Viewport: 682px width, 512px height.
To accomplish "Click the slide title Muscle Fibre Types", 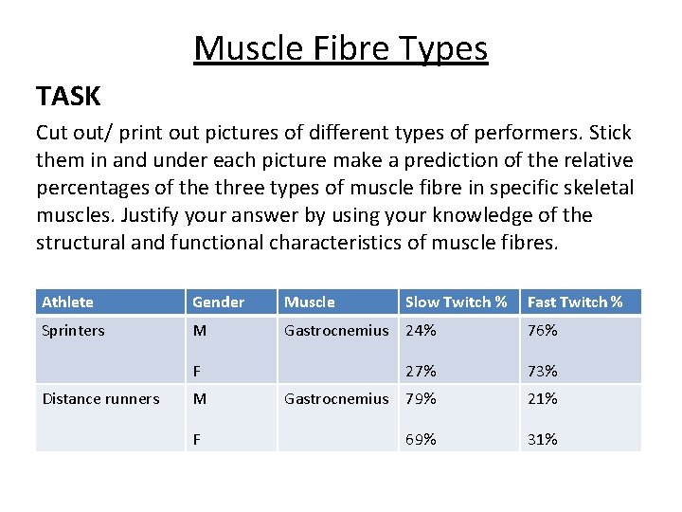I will (340, 47).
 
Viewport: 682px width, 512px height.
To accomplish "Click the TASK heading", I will (68, 96).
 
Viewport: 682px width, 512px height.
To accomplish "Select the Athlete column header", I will (68, 302).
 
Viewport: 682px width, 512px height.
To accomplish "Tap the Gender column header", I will (218, 302).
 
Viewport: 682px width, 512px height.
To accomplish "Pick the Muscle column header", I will (310, 302).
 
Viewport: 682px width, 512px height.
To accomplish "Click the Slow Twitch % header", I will (456, 302).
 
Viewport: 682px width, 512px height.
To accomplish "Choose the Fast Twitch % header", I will (575, 302).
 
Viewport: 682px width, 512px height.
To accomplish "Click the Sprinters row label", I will (74, 331).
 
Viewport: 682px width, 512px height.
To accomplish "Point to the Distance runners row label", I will (101, 399).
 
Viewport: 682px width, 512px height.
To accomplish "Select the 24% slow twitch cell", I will (421, 331).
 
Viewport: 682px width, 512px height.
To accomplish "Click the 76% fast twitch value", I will (542, 331).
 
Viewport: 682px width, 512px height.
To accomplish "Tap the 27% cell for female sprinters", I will (421, 371).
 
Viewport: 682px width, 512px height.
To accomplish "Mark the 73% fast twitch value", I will (542, 371).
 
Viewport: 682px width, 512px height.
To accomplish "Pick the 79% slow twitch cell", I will (421, 399).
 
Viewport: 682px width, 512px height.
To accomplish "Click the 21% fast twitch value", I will (542, 399).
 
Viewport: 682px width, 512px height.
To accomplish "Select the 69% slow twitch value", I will (421, 439).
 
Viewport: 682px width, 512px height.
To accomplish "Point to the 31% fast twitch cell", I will (542, 439).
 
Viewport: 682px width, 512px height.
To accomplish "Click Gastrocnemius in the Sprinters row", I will (336, 331).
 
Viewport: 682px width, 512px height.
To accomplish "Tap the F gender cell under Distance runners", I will (197, 439).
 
